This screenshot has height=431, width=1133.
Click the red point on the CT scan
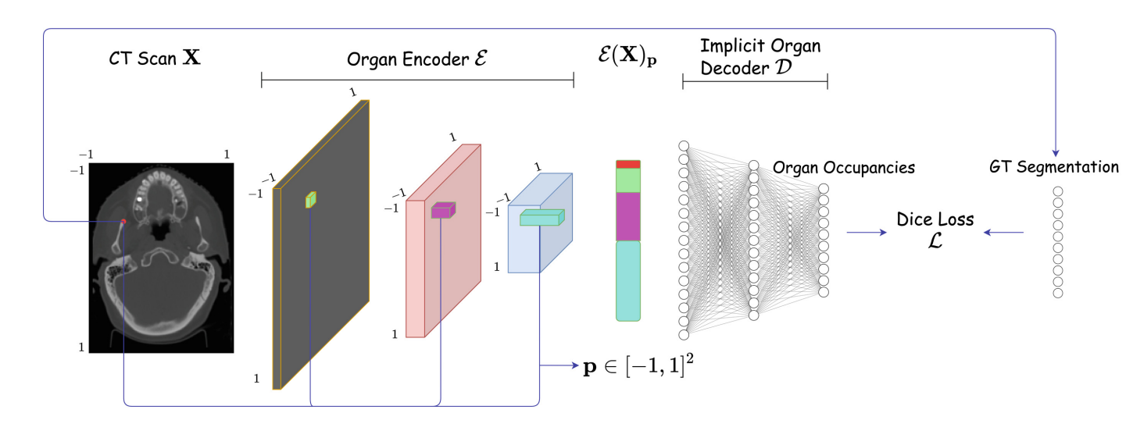pos(123,223)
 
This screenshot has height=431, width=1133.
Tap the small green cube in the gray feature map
pos(311,200)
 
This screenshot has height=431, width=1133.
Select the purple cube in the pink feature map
pos(442,210)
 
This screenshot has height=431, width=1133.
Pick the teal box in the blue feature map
pos(541,219)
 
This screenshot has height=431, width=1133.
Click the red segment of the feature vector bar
pos(628,164)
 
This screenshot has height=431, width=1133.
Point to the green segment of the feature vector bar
pos(628,180)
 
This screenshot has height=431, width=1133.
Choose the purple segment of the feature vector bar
pos(628,216)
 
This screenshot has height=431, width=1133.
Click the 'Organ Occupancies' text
pos(843,167)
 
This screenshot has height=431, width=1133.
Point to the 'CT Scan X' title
pos(155,58)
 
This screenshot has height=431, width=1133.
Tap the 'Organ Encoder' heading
pos(417,58)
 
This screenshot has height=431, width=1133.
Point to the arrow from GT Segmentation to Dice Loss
pos(1004,232)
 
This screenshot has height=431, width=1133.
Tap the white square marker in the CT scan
pos(140,199)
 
